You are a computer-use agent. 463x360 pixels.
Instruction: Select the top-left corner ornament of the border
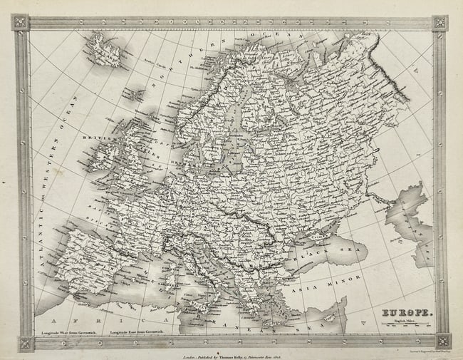[20, 22]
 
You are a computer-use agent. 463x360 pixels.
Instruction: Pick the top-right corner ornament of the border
[439, 22]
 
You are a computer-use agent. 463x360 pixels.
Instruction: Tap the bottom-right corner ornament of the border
[442, 340]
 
